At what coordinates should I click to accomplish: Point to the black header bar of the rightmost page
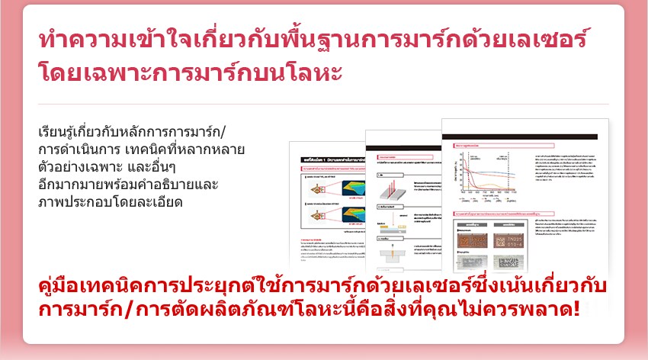pos(525,137)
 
